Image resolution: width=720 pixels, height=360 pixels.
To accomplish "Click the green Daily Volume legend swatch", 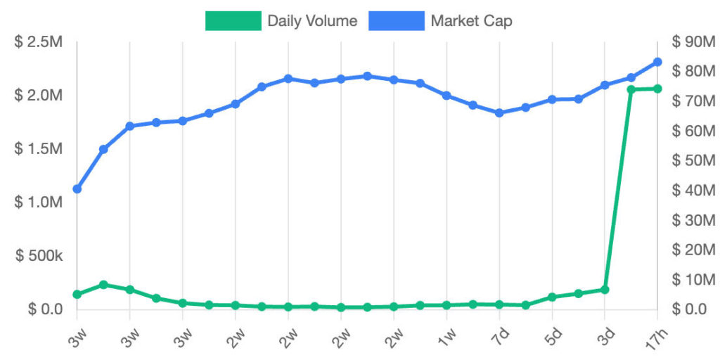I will point(233,21).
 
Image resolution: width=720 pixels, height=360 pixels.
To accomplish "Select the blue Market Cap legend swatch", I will point(397,21).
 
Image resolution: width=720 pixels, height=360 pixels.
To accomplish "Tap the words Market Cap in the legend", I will point(471,21).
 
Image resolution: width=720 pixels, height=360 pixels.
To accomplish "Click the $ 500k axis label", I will point(39,255).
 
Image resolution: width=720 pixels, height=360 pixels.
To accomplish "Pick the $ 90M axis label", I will point(693,41).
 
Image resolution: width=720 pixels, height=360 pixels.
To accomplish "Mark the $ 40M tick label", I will point(693,190).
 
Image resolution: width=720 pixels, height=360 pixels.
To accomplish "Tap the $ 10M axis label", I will point(693,279).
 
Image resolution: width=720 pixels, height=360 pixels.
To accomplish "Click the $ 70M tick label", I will point(693,101).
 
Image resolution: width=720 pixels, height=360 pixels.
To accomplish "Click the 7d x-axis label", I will point(499,333).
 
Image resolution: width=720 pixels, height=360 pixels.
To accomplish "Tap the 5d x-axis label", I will point(551,333).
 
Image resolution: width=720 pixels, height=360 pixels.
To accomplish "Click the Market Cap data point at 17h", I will point(657,62).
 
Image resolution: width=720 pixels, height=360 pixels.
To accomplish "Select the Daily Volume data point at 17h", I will point(657,89).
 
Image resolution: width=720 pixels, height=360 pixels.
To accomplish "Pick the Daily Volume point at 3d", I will point(605,290).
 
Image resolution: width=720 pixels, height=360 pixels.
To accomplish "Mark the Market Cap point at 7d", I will point(499,112).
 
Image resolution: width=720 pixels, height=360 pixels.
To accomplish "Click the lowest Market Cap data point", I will point(77,189).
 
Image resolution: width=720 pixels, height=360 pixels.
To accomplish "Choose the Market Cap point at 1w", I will point(446,95).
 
